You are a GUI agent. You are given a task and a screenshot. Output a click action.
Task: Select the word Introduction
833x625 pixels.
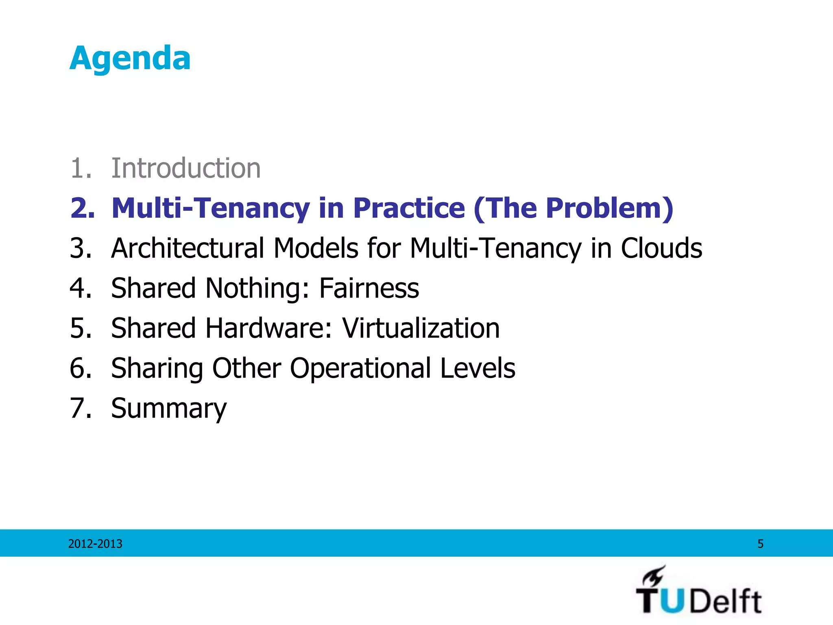click(x=186, y=168)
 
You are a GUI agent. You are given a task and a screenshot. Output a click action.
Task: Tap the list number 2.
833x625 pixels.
click(x=82, y=208)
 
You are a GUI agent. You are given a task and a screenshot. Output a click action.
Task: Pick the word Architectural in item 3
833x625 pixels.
click(x=188, y=248)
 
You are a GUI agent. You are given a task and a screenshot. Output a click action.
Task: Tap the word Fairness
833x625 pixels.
click(x=369, y=288)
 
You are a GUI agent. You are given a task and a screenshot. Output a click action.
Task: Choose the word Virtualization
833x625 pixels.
click(x=421, y=328)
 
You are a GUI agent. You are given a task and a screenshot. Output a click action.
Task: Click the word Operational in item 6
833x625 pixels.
click(x=360, y=368)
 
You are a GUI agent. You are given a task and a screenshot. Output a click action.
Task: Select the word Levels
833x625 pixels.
click(x=478, y=368)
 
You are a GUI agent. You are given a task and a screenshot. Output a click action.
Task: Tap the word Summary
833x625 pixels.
click(x=169, y=408)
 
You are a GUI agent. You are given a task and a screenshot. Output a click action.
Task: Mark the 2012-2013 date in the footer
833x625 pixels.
click(x=95, y=544)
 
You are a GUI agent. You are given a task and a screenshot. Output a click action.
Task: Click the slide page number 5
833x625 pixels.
click(x=760, y=544)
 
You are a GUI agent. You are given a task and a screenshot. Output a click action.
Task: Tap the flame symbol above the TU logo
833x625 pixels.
click(x=654, y=575)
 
